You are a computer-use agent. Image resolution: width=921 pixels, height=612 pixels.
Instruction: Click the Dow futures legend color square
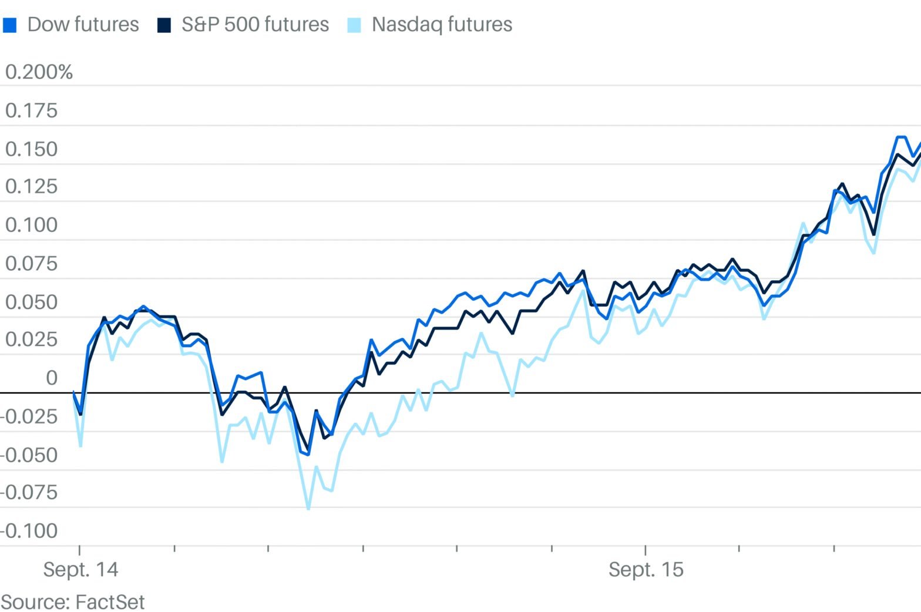[10, 25]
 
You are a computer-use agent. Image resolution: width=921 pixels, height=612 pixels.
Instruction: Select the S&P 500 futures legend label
[255, 25]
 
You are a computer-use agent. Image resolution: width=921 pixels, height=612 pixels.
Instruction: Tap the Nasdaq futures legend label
[442, 25]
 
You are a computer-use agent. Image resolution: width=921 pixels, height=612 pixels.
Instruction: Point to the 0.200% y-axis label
[39, 72]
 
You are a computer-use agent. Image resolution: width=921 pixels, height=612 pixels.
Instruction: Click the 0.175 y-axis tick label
[32, 110]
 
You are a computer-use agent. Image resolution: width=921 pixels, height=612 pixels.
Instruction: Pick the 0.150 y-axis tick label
[32, 149]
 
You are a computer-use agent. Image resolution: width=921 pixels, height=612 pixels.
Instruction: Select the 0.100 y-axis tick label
[32, 225]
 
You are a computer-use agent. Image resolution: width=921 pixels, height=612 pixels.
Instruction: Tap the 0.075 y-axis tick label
[32, 264]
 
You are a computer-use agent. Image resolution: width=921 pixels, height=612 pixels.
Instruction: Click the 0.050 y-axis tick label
[32, 302]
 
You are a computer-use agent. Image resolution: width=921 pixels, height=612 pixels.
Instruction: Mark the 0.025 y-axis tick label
[32, 339]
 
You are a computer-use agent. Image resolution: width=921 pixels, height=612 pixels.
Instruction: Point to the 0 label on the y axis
[52, 378]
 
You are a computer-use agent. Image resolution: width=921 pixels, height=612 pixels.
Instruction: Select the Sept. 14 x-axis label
[80, 570]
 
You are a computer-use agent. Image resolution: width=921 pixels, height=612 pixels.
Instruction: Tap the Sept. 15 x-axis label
[646, 570]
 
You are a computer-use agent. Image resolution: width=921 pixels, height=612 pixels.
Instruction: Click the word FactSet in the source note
[110, 602]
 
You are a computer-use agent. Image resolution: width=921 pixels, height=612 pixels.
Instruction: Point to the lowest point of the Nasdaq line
[308, 508]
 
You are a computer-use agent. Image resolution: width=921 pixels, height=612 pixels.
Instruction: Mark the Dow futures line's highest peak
[902, 137]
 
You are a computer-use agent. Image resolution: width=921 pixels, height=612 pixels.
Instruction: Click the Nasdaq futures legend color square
[354, 25]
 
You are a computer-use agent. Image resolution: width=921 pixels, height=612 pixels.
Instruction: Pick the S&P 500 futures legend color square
[164, 25]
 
